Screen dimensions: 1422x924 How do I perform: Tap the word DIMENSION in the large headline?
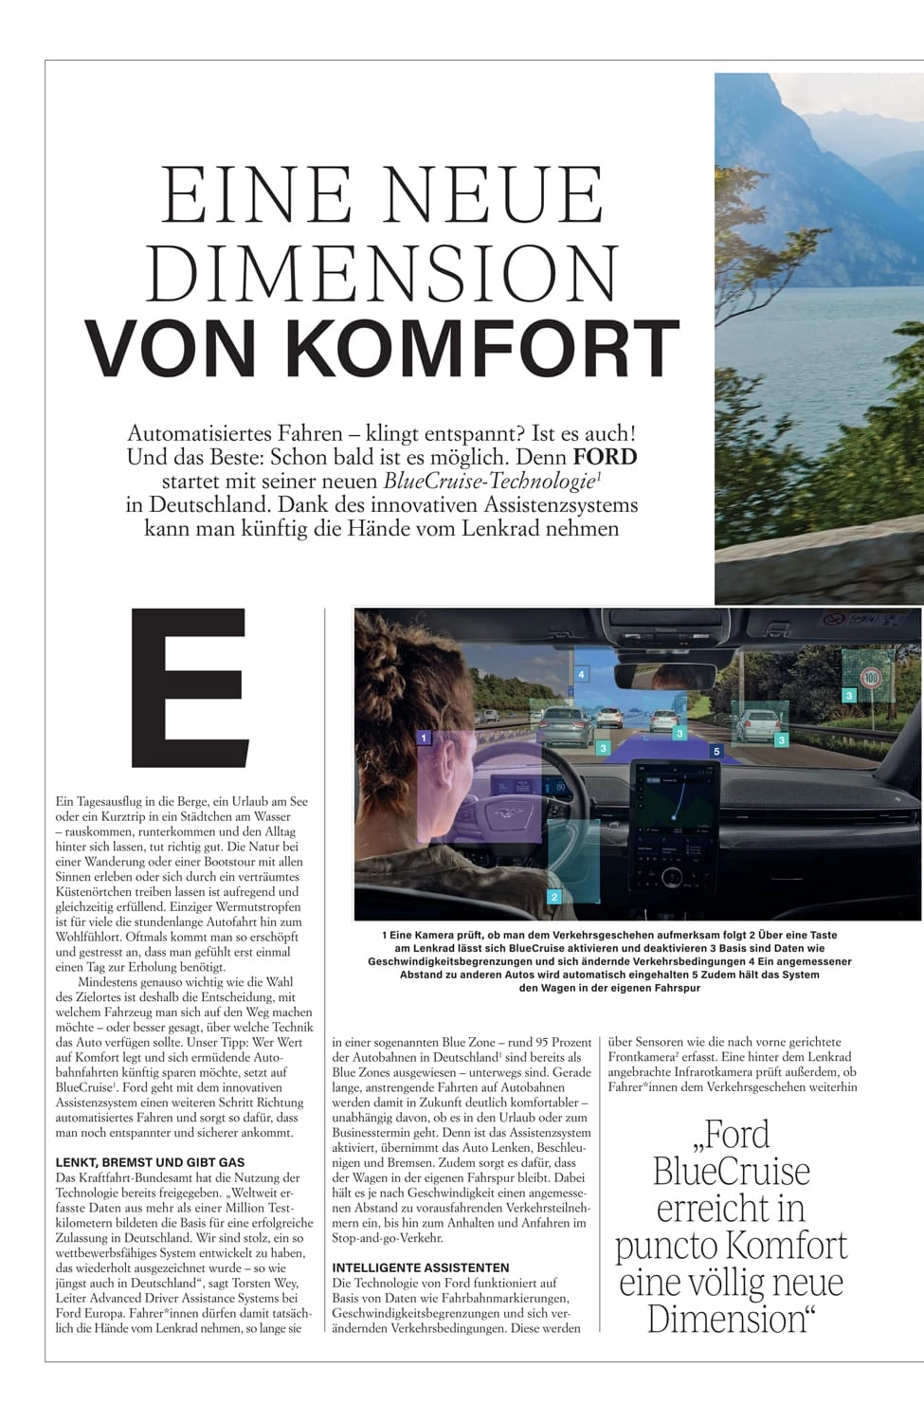tap(384, 272)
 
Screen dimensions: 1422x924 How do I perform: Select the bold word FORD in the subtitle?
tap(606, 457)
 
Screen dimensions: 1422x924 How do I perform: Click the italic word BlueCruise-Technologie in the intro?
tap(493, 481)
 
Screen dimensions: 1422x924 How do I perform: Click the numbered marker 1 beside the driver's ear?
tap(424, 737)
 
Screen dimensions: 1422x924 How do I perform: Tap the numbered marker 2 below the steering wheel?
tap(554, 896)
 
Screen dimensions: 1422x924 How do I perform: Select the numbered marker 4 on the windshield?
tap(581, 674)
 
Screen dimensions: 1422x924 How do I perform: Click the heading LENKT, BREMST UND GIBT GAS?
tap(150, 1162)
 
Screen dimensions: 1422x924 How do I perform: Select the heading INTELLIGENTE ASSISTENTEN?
tap(421, 1267)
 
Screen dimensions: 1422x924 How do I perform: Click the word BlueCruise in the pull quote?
tap(731, 1172)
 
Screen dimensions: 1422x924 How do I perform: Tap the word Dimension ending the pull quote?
tap(731, 1319)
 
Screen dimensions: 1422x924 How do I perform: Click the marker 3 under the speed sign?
tap(849, 696)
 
